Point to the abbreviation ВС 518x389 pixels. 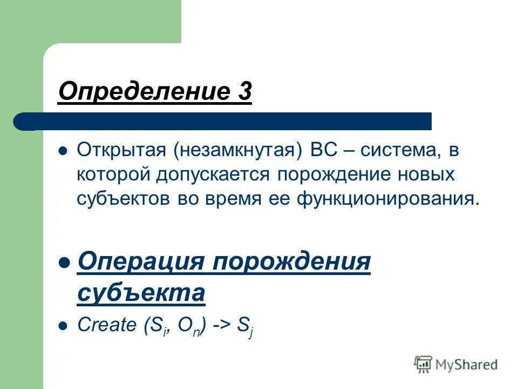point(323,150)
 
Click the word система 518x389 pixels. point(398,150)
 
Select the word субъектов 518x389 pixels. point(123,199)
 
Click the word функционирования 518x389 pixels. point(386,199)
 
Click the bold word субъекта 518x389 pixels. point(141,293)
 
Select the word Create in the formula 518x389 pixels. point(107,325)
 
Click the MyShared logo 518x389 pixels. point(456,364)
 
